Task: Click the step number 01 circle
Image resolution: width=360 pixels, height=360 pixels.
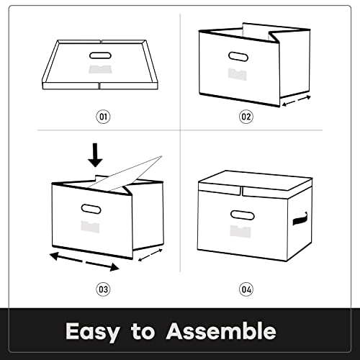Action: [103, 117]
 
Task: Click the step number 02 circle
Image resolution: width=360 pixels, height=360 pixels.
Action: [246, 117]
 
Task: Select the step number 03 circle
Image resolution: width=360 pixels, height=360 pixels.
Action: [103, 289]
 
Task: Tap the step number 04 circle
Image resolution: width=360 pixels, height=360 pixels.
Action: [246, 289]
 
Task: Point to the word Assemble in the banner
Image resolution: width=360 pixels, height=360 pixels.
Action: [221, 330]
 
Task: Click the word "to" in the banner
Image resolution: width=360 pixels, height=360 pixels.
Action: [143, 331]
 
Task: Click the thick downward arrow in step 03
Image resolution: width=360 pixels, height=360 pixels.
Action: [95, 155]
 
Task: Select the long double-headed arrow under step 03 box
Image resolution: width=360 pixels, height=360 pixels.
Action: [84, 261]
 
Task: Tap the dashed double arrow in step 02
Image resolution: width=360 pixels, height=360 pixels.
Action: [297, 101]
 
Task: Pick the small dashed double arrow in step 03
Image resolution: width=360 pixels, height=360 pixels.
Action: [150, 255]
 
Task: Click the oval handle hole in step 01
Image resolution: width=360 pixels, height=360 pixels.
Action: [100, 55]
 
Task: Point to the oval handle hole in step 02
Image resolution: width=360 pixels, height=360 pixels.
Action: [238, 57]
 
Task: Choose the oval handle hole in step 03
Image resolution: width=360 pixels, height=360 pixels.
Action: [91, 209]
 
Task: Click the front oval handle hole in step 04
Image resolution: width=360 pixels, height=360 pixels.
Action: [243, 215]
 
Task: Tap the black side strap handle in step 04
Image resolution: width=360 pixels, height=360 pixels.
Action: [300, 219]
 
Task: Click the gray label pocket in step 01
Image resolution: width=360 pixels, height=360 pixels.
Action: [100, 69]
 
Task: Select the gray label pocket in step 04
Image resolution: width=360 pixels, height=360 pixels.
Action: [240, 231]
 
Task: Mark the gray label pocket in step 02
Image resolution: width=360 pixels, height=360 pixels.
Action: [237, 74]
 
